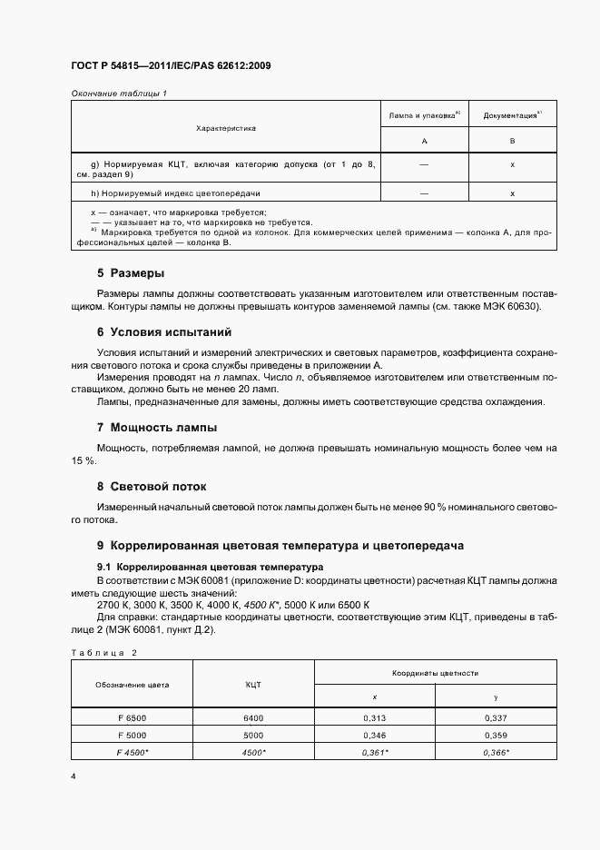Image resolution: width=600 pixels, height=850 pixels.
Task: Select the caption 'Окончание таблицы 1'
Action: (119, 94)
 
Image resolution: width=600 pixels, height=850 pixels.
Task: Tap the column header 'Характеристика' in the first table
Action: (226, 128)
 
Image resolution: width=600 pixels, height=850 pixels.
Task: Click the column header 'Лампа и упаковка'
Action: (424, 116)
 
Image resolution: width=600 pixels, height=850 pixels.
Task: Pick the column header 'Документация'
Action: (512, 116)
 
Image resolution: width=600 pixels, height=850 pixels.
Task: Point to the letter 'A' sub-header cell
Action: (424, 142)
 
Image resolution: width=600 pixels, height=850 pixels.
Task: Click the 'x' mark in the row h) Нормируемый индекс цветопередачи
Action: (512, 193)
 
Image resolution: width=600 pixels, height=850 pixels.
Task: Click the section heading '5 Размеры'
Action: (130, 272)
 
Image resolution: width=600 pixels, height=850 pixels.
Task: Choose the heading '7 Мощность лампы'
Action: (156, 427)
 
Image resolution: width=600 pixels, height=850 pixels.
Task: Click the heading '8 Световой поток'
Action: (152, 487)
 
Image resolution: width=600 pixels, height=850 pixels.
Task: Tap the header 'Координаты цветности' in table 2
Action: (435, 673)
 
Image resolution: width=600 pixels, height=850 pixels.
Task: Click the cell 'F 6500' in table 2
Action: (132, 717)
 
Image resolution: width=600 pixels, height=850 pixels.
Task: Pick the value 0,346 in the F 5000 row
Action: (374, 735)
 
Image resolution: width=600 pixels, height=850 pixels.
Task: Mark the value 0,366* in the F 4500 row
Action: (496, 752)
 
